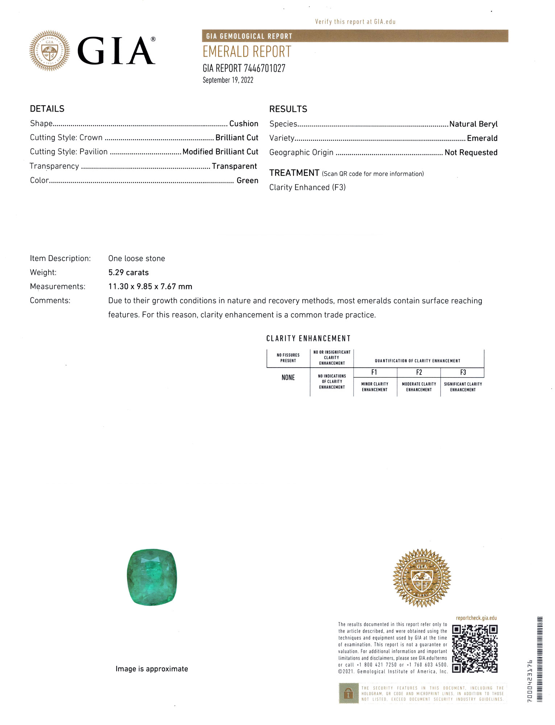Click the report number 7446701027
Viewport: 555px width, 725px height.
click(264, 68)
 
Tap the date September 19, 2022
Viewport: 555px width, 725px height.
click(228, 80)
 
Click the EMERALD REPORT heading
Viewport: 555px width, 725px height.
click(247, 52)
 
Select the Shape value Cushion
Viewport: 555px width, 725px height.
click(244, 124)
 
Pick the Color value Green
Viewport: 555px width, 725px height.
click(247, 181)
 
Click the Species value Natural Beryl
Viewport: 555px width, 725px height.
click(473, 124)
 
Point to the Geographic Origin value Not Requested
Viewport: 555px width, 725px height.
click(471, 153)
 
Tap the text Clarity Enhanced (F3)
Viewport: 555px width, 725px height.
click(307, 187)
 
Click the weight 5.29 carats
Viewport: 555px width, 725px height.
click(128, 273)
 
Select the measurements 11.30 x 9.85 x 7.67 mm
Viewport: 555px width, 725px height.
click(150, 287)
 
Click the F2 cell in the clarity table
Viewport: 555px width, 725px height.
click(419, 372)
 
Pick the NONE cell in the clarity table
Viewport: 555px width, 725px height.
click(288, 378)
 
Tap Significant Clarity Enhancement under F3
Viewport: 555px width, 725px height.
click(463, 387)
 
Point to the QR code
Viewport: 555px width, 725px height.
click(475, 649)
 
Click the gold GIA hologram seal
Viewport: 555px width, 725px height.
click(422, 577)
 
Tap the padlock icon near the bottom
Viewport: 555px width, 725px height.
click(348, 693)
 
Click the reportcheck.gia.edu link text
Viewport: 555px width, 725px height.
click(476, 618)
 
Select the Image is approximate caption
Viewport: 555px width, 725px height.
click(152, 669)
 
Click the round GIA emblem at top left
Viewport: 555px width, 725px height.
click(50, 50)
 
